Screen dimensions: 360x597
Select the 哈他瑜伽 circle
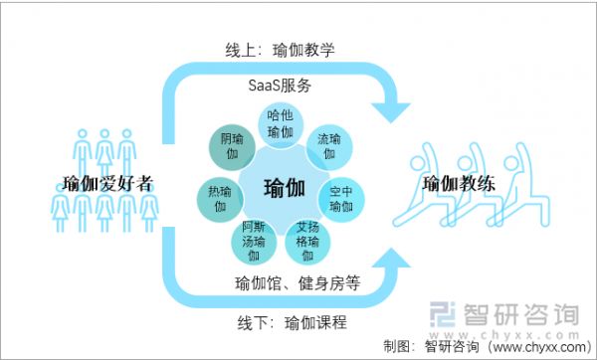coord(282,125)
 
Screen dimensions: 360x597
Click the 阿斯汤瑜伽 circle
coord(253,239)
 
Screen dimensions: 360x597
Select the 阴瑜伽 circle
coord(232,147)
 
